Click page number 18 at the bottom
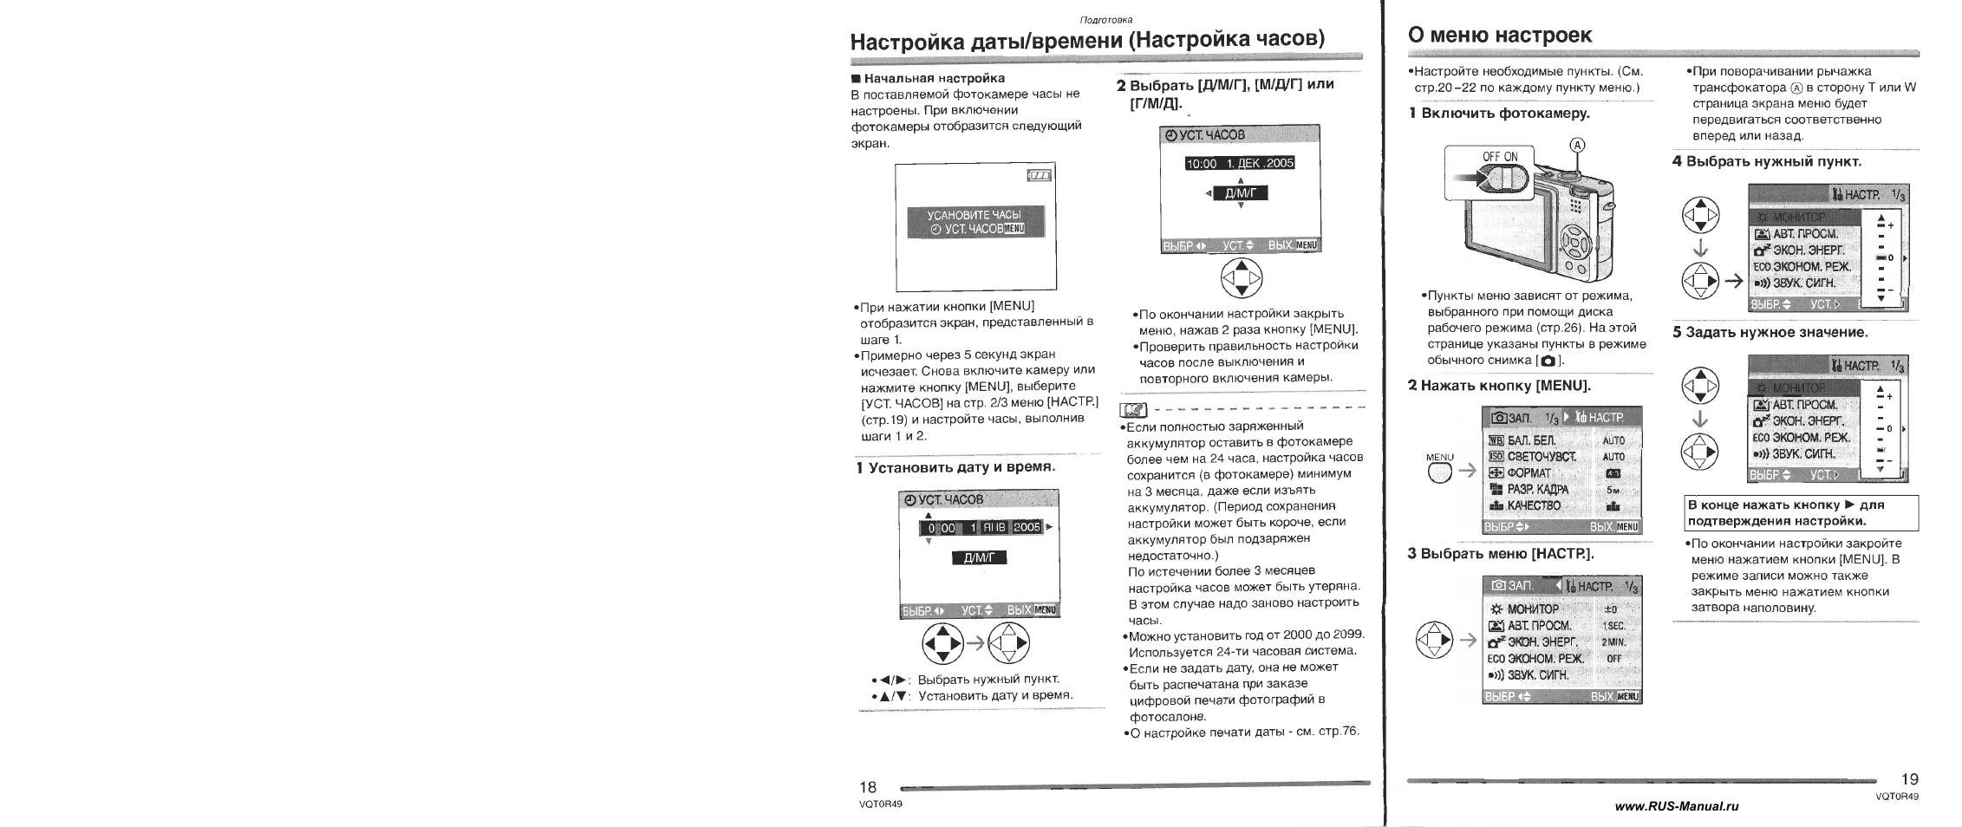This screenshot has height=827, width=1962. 867,787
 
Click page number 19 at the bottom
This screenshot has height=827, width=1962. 1908,779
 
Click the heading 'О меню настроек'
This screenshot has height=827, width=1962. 1500,36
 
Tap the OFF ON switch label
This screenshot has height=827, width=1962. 1500,157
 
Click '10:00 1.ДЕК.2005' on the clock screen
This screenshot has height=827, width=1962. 1239,163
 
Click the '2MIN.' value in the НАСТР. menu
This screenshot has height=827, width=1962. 1613,642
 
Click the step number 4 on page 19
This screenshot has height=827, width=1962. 1677,162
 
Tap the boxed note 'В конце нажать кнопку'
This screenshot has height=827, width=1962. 1801,512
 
